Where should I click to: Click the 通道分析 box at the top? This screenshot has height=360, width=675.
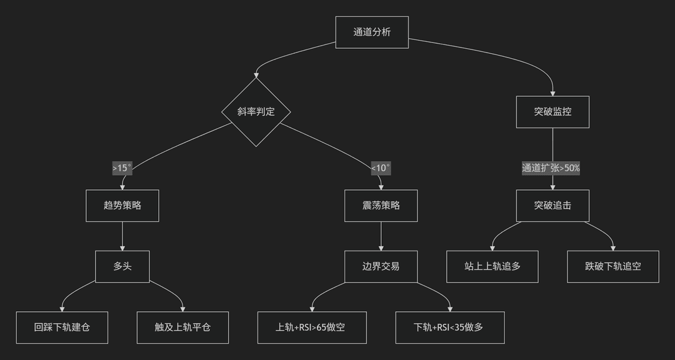[x=372, y=32]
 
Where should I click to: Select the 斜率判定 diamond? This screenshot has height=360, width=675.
[x=256, y=112]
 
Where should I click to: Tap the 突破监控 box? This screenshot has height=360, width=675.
[x=552, y=112]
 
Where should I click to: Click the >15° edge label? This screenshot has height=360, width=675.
[x=122, y=168]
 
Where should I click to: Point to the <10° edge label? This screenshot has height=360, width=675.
[x=381, y=168]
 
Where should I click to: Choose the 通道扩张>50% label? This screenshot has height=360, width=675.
[x=551, y=168]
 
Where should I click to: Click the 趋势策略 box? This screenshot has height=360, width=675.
[x=122, y=206]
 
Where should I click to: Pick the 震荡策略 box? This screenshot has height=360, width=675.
[x=381, y=206]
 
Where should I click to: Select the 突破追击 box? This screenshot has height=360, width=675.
[x=552, y=206]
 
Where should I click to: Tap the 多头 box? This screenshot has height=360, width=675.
[x=122, y=266]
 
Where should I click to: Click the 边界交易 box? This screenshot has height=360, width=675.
[x=381, y=266]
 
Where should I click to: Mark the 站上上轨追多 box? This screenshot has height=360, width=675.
[x=492, y=266]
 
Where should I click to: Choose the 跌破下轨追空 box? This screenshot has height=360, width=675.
[x=613, y=266]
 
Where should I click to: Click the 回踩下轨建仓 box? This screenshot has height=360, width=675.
[x=62, y=327]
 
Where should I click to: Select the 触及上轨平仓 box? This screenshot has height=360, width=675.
[x=182, y=327]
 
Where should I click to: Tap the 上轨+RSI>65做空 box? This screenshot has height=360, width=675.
[x=312, y=327]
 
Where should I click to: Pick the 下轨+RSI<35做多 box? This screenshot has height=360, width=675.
[x=450, y=327]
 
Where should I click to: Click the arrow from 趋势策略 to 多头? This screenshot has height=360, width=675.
[x=122, y=236]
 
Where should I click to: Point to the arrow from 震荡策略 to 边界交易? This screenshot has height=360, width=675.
[x=381, y=236]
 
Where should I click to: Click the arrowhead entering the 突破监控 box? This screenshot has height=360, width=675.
[x=552, y=94]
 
